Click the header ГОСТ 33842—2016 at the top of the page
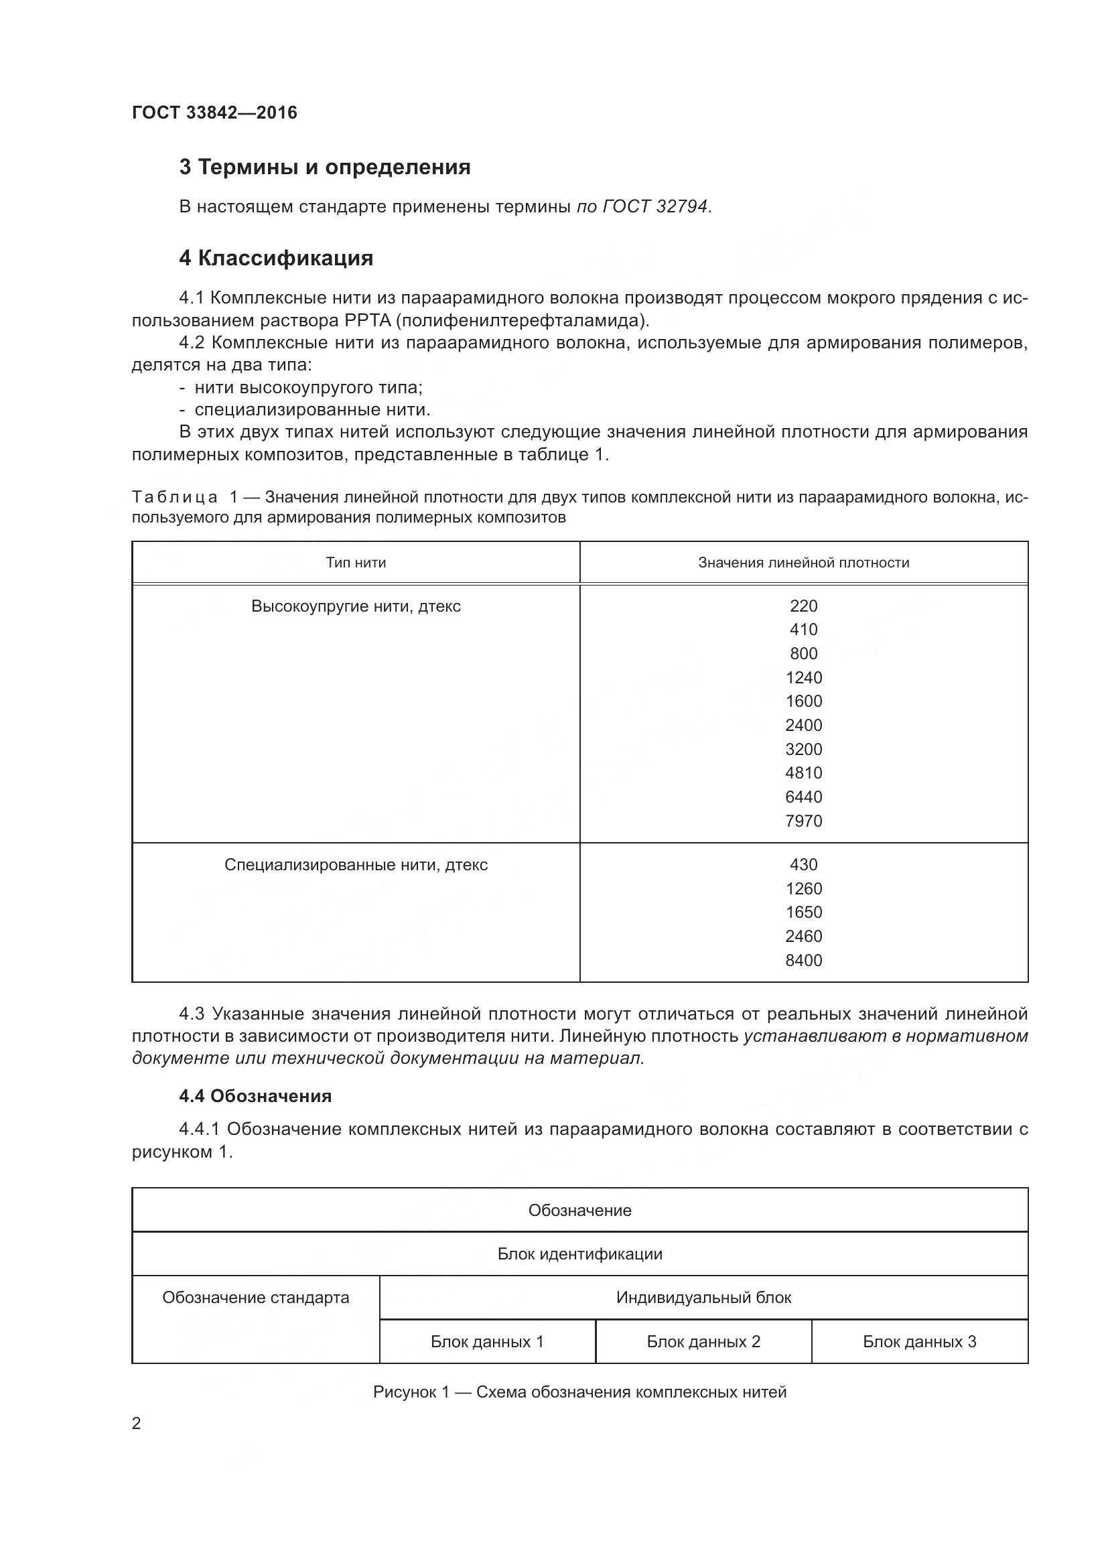point(214,113)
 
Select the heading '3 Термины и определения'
point(325,167)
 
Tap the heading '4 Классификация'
point(275,258)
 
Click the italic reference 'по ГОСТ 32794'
point(642,206)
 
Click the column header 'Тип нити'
point(356,562)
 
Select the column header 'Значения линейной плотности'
point(803,562)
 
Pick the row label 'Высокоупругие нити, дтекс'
point(356,606)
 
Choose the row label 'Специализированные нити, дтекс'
point(356,865)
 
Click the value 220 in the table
point(803,606)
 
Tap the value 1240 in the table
point(803,678)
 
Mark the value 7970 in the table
point(803,821)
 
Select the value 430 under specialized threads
point(803,865)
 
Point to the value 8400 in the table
point(803,960)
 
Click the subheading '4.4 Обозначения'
point(255,1096)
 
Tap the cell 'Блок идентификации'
point(579,1253)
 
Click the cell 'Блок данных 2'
point(703,1342)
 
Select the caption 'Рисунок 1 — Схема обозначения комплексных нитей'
point(579,1392)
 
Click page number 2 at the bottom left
point(137,1424)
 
